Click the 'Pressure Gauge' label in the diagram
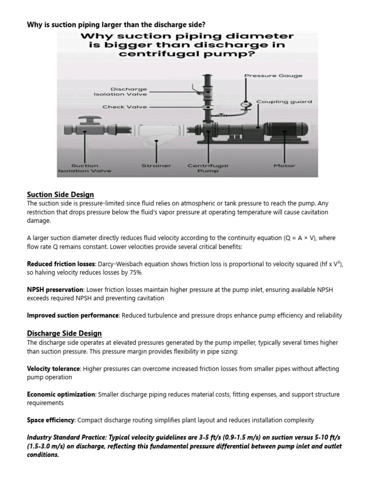(273, 76)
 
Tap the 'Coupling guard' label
(284, 102)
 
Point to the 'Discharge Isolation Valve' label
(120, 92)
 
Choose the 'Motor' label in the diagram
(284, 166)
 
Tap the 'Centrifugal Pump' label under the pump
(208, 169)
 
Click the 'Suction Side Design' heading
(60, 195)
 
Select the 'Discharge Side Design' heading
(64, 333)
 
